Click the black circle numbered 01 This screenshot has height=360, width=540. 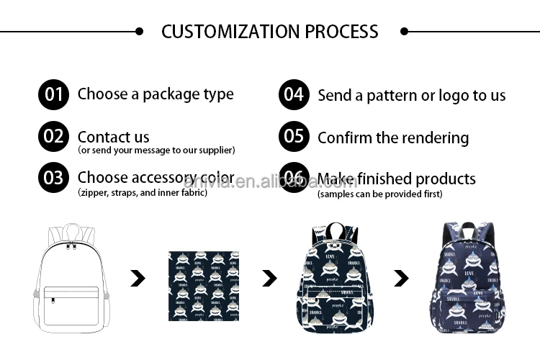pos(53,94)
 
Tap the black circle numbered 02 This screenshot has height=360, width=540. pos(53,136)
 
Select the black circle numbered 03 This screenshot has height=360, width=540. pos(53,178)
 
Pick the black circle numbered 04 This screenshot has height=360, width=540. pos(294,94)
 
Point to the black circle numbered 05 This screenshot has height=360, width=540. pos(294,136)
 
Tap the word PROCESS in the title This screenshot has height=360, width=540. pos(341,32)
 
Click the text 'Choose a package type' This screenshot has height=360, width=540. pos(156,94)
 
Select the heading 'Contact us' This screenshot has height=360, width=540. pos(114,137)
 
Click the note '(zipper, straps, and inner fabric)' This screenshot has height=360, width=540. pos(143,193)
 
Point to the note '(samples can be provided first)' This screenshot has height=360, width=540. pos(379,194)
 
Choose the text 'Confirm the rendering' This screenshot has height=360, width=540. pos(393,138)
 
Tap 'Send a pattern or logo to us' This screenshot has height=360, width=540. pos(411,95)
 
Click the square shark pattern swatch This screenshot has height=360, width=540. pos(204,285)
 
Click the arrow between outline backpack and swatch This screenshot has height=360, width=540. pos(138,277)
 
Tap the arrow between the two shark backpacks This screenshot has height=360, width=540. pos(401,278)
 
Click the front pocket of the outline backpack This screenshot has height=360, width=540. pos(71,303)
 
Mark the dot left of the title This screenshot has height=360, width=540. pos(140,32)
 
